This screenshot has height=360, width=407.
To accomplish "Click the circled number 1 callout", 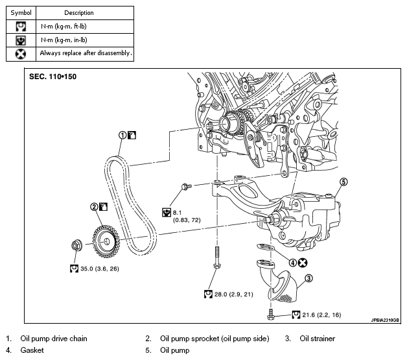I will pos(122,135).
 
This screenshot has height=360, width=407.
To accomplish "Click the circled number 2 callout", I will pos(94,207).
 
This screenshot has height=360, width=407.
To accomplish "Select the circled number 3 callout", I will pos(308,278).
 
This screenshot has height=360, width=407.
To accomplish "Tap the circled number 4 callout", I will pos(293,263).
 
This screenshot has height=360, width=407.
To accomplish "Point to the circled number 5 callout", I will pos(344,182).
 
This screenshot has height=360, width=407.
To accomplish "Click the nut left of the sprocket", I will pos(76,246).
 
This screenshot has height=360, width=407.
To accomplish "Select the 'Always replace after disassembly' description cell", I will pos(86,53).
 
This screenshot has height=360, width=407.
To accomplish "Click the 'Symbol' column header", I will pos(21,12).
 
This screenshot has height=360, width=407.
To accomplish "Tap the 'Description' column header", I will pos(78,12).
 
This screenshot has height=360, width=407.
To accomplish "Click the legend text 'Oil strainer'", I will pos(317,338).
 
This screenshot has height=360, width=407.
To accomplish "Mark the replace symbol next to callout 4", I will pos(303,263).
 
